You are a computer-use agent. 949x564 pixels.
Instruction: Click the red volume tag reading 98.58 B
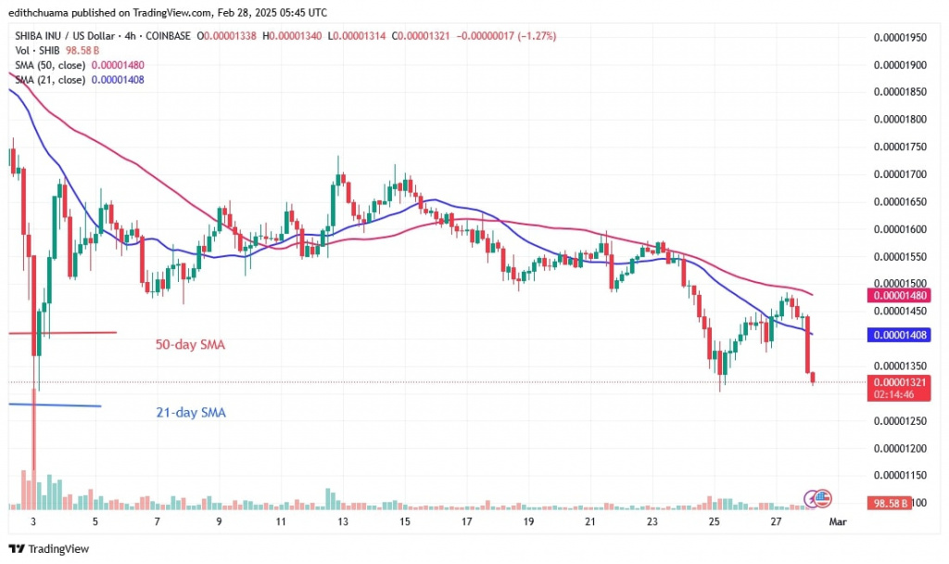pos(889,502)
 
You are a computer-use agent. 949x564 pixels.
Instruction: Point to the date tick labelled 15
pos(405,522)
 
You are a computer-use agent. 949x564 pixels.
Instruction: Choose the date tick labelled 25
pos(715,522)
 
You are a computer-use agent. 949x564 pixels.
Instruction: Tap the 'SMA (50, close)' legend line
pos(51,65)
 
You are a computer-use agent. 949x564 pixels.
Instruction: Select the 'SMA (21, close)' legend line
pos(51,80)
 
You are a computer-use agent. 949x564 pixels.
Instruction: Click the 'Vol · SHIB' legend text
pos(33,51)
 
